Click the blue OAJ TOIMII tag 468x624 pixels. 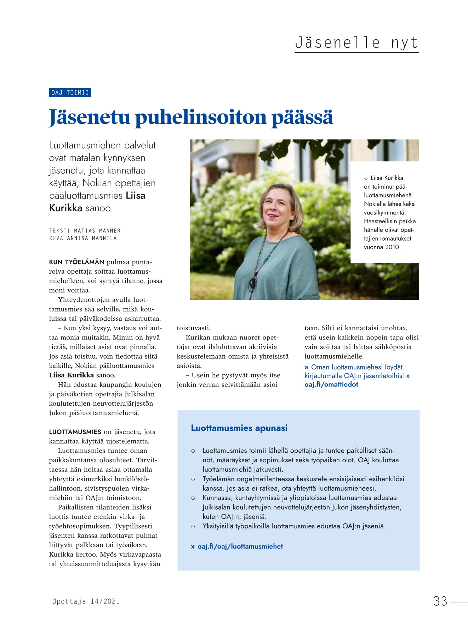click(x=70, y=93)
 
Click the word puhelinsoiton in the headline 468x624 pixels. click(x=201, y=118)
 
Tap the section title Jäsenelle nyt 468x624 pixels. click(x=356, y=43)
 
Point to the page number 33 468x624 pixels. click(x=440, y=601)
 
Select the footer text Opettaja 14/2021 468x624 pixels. click(x=86, y=601)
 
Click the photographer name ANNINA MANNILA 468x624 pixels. click(x=92, y=238)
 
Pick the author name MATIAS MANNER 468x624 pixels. click(x=97, y=231)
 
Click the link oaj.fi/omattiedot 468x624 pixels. click(x=331, y=384)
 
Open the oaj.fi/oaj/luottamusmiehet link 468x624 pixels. click(x=240, y=546)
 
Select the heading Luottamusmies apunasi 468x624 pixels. click(x=239, y=428)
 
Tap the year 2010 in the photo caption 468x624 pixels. click(x=392, y=247)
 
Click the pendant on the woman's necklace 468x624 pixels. click(x=252, y=283)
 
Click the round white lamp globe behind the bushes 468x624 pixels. click(x=223, y=164)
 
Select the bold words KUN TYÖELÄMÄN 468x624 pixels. click(x=76, y=262)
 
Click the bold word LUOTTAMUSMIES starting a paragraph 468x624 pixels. click(x=75, y=432)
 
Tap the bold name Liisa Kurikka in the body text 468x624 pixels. click(x=71, y=375)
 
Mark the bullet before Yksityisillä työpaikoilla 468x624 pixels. click(x=193, y=526)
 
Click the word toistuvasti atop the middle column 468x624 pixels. click(x=193, y=328)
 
